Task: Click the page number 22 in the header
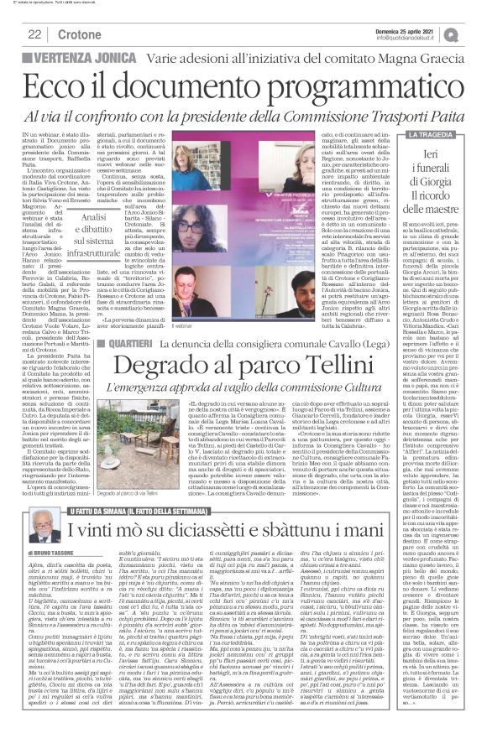pos(35,34)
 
